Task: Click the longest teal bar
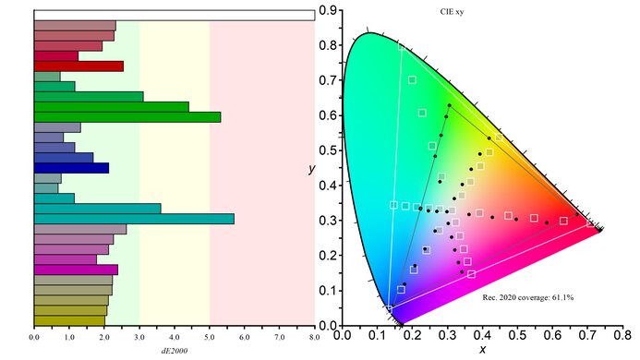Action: pos(134,219)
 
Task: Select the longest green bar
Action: pos(127,116)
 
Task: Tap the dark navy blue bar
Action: pos(71,168)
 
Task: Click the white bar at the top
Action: pos(174,15)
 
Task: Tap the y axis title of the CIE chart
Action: pos(311,170)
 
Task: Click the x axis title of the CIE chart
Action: pos(481,351)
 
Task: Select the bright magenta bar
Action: pos(76,270)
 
